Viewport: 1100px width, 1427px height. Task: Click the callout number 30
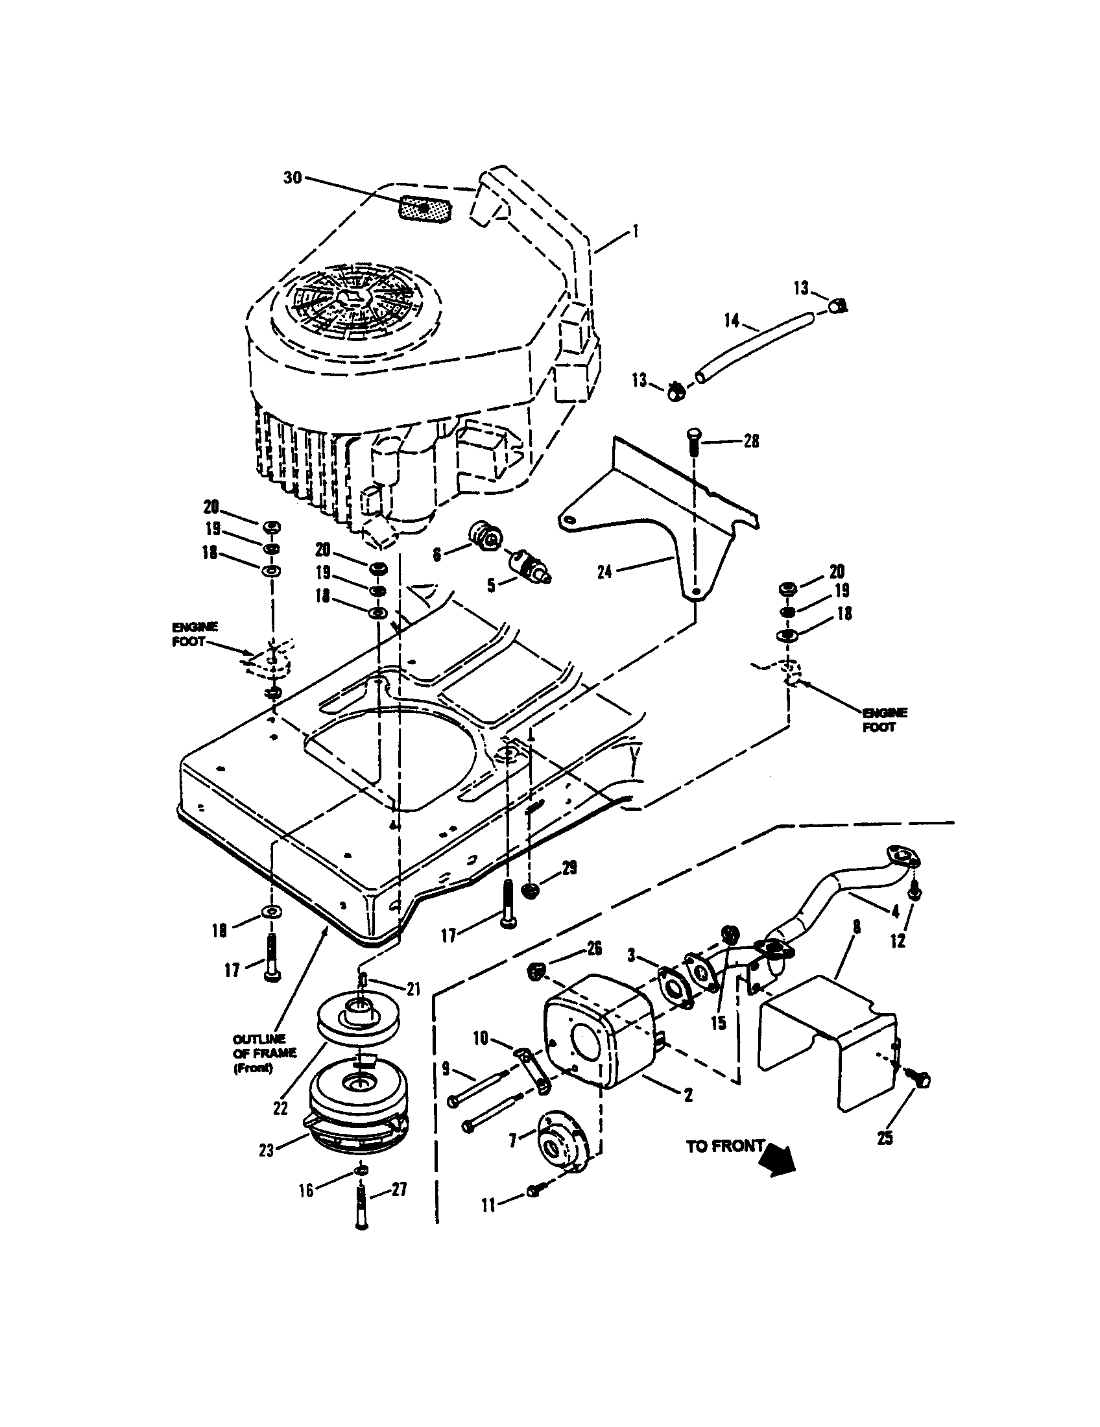pyautogui.click(x=292, y=177)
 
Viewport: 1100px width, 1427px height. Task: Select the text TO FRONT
pyautogui.click(x=724, y=1145)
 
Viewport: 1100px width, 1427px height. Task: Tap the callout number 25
pyautogui.click(x=885, y=1138)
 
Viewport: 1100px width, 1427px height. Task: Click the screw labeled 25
pyautogui.click(x=922, y=1080)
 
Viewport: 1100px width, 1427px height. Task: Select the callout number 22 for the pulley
pyautogui.click(x=280, y=1108)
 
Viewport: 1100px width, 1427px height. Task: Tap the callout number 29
pyautogui.click(x=569, y=869)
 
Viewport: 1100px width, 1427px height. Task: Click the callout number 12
pyautogui.click(x=898, y=941)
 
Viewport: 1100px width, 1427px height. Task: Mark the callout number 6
pyautogui.click(x=437, y=555)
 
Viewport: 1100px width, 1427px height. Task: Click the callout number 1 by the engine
pyautogui.click(x=636, y=232)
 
